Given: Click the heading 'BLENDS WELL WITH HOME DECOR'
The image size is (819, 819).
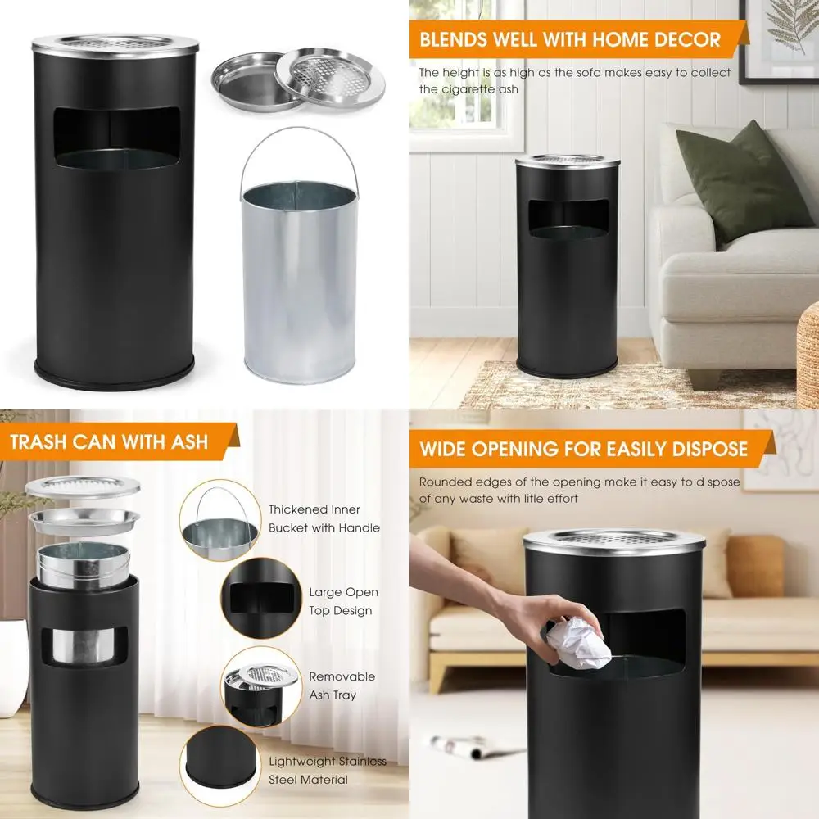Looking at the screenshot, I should tap(571, 39).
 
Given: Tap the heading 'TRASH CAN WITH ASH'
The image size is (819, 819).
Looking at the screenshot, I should tap(109, 443).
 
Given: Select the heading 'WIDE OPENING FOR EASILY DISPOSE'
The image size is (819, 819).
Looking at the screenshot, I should tap(583, 449).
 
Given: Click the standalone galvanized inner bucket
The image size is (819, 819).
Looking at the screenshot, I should tap(300, 278).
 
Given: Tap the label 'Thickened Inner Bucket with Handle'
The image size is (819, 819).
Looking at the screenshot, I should tap(324, 518).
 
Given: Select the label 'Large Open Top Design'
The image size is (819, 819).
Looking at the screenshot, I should tap(343, 601).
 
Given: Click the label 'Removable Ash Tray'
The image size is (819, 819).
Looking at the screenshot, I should tap(342, 686).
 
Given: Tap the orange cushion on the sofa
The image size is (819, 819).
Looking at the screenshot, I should tap(754, 565).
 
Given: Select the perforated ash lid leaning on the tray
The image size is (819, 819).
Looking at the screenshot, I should tap(329, 76).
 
